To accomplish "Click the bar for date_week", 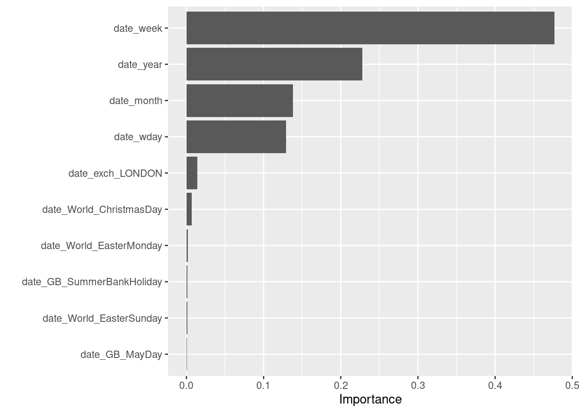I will [370, 28].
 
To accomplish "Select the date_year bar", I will [274, 64].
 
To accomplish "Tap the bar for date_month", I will [240, 101].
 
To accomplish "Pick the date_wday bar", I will [236, 137].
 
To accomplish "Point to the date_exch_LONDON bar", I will [192, 173].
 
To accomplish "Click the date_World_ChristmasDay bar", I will [189, 209].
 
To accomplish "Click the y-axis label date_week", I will [138, 28].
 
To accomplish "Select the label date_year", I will [140, 65].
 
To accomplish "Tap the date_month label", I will [136, 101].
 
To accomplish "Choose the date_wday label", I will [138, 137].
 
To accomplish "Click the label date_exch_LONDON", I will [115, 173].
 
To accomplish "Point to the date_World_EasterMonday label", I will [101, 246].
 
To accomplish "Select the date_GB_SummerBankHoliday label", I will [92, 282].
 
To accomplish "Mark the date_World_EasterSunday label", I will [102, 318].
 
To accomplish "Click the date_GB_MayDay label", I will [121, 354].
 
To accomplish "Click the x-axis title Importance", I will [370, 399].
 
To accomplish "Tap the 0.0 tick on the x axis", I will [186, 385].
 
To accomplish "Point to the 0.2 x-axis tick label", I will [341, 385].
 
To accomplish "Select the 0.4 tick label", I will [495, 385].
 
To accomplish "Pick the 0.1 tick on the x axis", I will [263, 385].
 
